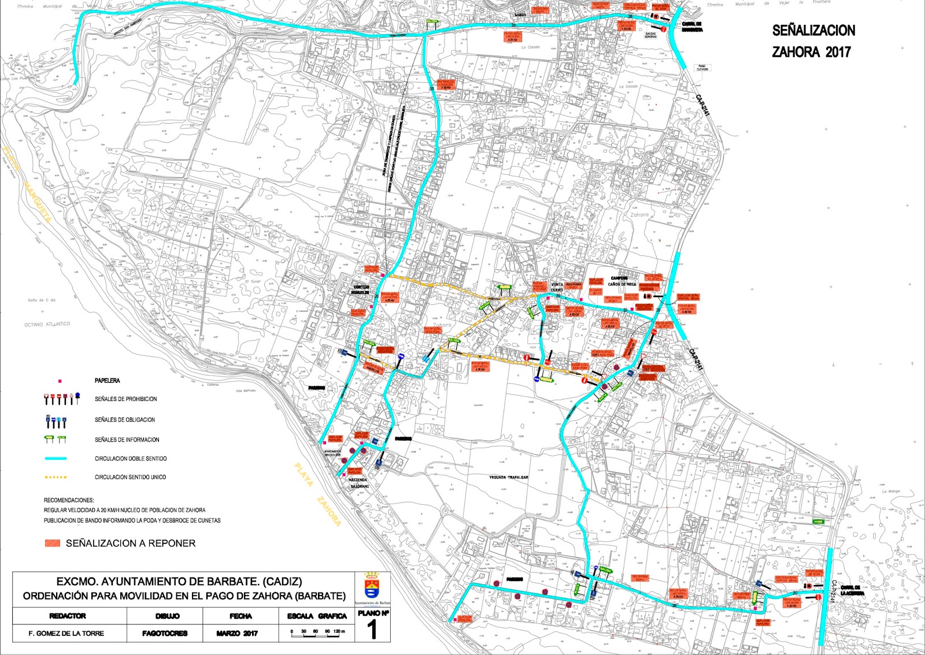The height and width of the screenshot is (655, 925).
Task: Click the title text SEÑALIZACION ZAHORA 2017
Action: tap(813, 41)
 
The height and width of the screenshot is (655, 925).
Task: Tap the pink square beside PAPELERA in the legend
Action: tap(60, 381)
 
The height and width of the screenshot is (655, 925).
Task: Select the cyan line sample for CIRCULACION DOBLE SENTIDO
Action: tap(55, 459)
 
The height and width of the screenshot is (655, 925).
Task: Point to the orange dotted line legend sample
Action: tap(55, 477)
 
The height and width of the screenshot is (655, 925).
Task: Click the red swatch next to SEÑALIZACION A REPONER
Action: tap(53, 544)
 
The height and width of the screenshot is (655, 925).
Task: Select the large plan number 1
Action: tap(373, 630)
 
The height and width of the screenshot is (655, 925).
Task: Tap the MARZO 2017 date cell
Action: tap(240, 634)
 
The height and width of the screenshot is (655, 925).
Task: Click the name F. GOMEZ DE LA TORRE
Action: tap(66, 634)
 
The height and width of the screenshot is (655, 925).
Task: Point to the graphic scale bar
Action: tap(318, 632)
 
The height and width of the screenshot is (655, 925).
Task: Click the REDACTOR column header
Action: tap(67, 616)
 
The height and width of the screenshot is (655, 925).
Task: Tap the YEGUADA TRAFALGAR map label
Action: tap(509, 477)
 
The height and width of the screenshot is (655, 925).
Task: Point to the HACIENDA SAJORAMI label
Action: tap(358, 483)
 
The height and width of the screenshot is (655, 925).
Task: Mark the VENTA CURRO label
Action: tap(557, 287)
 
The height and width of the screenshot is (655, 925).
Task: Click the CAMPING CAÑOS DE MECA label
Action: tap(621, 281)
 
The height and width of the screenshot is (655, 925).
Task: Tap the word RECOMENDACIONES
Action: tap(69, 500)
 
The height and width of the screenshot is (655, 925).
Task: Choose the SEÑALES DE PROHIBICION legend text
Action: tap(125, 399)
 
